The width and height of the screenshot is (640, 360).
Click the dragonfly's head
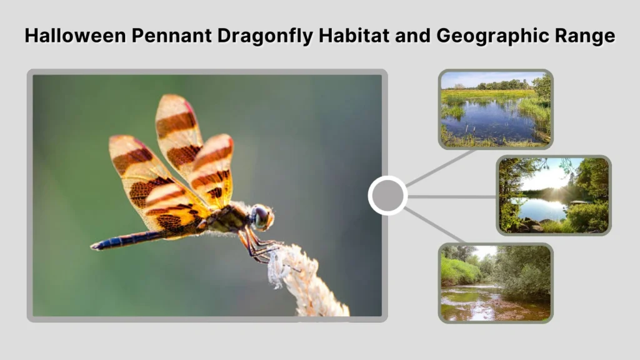click(x=261, y=216)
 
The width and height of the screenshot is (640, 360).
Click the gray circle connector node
click(x=387, y=196)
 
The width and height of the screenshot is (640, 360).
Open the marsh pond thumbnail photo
click(x=496, y=109)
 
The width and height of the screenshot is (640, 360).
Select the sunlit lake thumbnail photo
click(x=554, y=196)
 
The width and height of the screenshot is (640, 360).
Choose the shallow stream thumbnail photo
click(x=496, y=282)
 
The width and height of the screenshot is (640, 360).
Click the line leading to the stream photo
click(x=435, y=225)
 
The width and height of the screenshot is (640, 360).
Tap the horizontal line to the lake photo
click(x=451, y=196)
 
